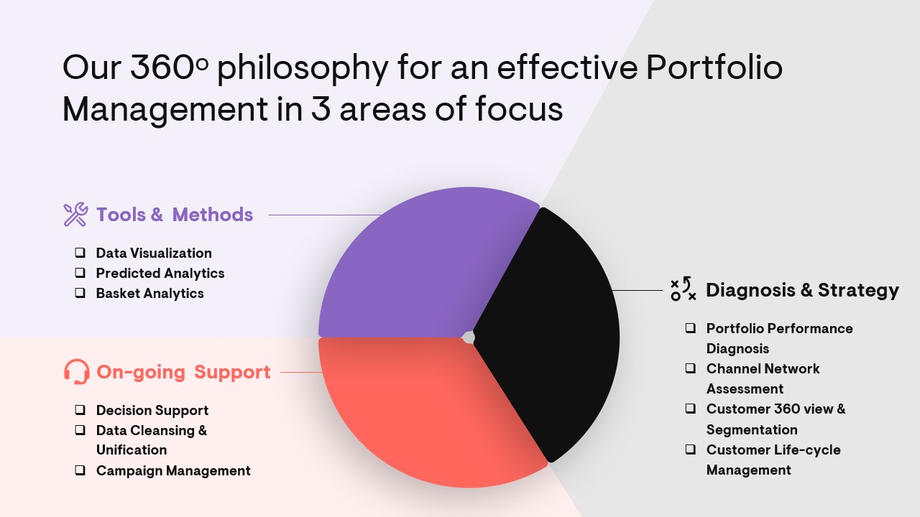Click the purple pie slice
(x=423, y=266)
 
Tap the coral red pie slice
(x=427, y=410)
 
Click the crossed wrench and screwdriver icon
(x=76, y=214)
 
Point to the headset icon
(x=77, y=372)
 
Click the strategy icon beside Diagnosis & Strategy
(x=683, y=289)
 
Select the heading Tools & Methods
(x=175, y=215)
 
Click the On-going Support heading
(x=183, y=372)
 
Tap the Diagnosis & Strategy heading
(x=802, y=290)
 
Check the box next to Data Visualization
(x=80, y=252)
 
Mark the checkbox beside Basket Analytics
(x=80, y=292)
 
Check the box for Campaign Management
(x=80, y=470)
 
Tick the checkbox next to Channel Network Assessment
(x=691, y=368)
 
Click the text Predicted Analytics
(x=160, y=274)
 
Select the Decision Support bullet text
(x=152, y=410)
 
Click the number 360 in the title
(x=162, y=67)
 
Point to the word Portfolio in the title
(x=714, y=67)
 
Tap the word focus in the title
(x=519, y=108)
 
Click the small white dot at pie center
(x=468, y=337)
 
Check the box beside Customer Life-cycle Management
(x=691, y=450)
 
